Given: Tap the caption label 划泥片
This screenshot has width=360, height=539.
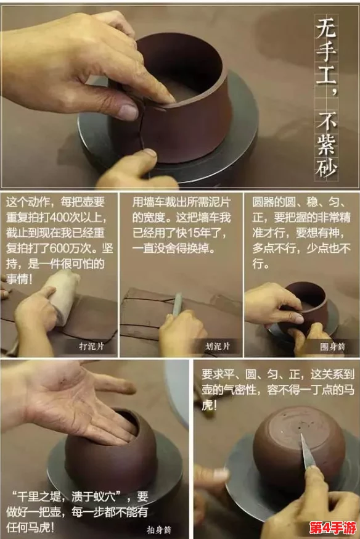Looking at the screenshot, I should pyautogui.click(x=217, y=347).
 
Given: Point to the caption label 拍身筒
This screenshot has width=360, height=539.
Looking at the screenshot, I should pyautogui.click(x=160, y=529).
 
